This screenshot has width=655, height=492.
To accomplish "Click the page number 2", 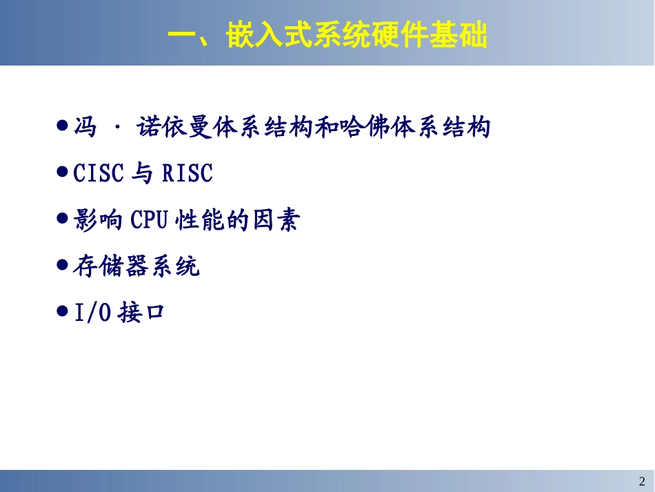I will point(642,481).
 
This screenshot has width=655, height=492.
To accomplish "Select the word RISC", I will point(188,174).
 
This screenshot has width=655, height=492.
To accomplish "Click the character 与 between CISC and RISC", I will point(142,174).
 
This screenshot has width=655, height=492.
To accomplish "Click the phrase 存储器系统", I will point(136,266).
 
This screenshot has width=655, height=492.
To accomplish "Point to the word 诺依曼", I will point(170,128).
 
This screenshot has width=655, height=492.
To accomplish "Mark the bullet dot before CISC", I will point(62,172).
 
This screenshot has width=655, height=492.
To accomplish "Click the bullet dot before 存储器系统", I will point(62,264).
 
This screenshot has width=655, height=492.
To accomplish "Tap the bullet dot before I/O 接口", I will point(62,311).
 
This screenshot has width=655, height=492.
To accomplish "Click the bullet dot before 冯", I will point(62,126).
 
